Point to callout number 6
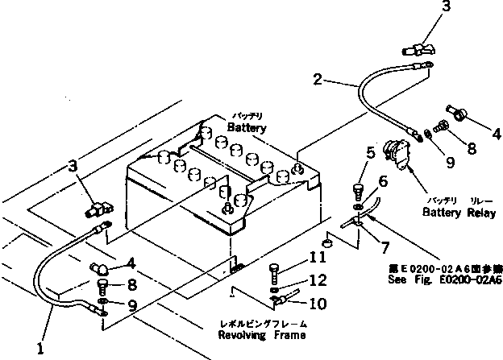[x=383, y=183]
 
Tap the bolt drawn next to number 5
[x=359, y=192]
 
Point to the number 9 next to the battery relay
[x=449, y=162]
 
